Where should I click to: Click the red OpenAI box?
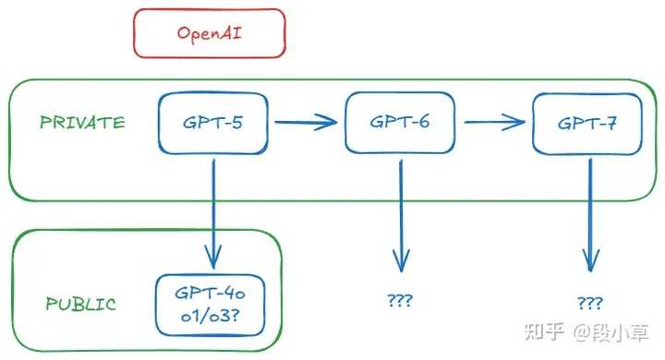tap(210, 32)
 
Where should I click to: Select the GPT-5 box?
tap(213, 123)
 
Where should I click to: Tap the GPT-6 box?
tap(400, 122)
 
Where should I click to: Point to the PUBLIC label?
tap(80, 304)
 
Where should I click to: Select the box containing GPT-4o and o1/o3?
tap(212, 303)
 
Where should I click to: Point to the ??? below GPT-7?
tap(589, 303)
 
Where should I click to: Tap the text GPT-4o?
tap(212, 293)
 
